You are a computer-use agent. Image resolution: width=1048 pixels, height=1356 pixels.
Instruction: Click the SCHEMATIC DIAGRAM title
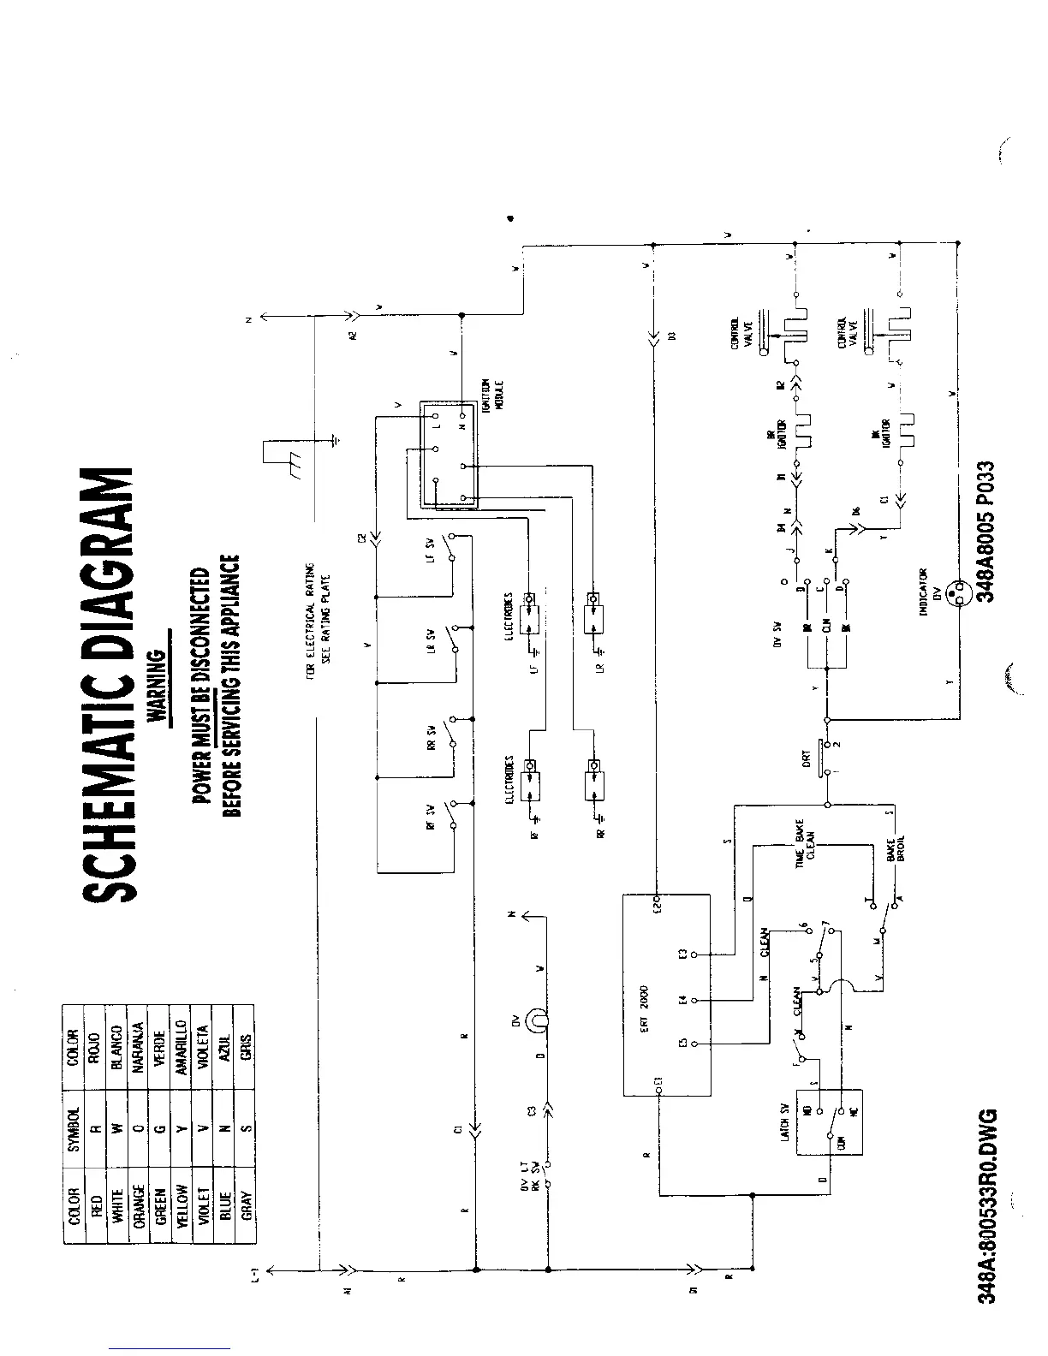point(109,685)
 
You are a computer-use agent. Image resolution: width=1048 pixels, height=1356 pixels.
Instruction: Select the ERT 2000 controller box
point(667,995)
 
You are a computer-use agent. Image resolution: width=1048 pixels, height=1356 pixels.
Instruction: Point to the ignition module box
point(449,452)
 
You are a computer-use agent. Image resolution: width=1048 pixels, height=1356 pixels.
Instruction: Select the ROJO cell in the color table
point(95,1046)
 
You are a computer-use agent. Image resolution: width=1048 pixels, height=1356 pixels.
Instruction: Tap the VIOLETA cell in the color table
point(202,1046)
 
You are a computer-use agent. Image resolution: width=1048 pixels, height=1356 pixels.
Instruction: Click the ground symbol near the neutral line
point(336,442)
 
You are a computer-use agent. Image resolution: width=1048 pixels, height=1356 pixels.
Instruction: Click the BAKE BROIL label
point(896,847)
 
